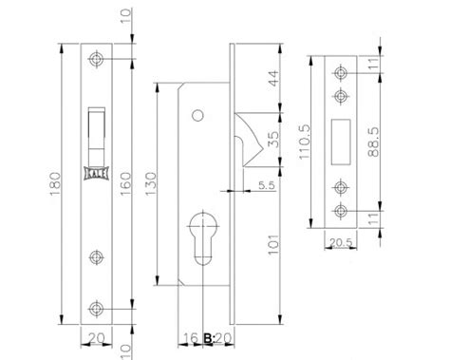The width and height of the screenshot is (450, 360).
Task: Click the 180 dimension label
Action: [x=55, y=183]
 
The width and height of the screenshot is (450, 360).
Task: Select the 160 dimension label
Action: [x=125, y=183]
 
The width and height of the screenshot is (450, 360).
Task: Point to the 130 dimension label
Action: [x=151, y=183]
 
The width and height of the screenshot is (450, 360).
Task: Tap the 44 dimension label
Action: [x=273, y=79]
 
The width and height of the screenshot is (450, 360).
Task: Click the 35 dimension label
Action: [x=273, y=140]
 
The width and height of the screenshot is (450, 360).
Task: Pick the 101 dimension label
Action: [x=273, y=244]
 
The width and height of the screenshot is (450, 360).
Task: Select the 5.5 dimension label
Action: [x=267, y=185]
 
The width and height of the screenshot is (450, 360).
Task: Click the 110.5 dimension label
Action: [x=306, y=142]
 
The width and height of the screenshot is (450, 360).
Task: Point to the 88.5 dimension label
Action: [x=374, y=142]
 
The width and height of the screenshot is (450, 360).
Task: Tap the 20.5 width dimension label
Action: [x=341, y=242]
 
